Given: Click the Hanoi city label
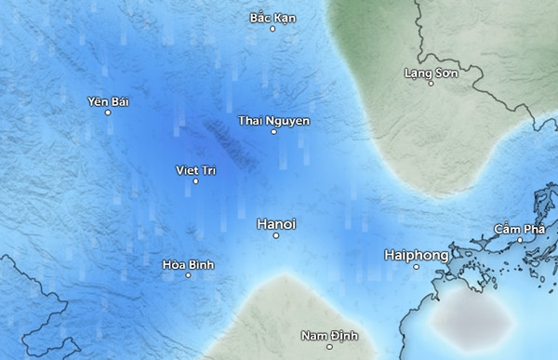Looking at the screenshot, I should [x=275, y=224].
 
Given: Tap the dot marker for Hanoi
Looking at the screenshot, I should [x=276, y=236].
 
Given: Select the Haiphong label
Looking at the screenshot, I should [x=417, y=254].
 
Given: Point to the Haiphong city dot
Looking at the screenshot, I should [x=418, y=267].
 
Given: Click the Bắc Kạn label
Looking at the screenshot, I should [x=272, y=18].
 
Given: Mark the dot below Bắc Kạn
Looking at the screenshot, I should [x=272, y=29].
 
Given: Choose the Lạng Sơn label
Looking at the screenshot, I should [x=431, y=72].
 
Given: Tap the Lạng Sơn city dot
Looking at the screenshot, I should [x=431, y=84].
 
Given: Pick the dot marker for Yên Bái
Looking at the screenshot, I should [x=108, y=113].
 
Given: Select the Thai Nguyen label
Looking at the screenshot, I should [x=273, y=121].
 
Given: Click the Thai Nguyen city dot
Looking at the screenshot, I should [x=273, y=132].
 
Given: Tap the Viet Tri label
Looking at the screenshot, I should [x=195, y=169].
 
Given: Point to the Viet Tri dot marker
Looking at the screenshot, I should [x=195, y=181].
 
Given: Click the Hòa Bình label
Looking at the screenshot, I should [x=188, y=265].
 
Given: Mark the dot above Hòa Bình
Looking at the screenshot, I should [x=189, y=253].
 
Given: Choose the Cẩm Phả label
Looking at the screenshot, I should [x=520, y=229].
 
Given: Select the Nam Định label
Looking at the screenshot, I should [x=329, y=335].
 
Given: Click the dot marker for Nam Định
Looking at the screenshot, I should [x=330, y=347].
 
